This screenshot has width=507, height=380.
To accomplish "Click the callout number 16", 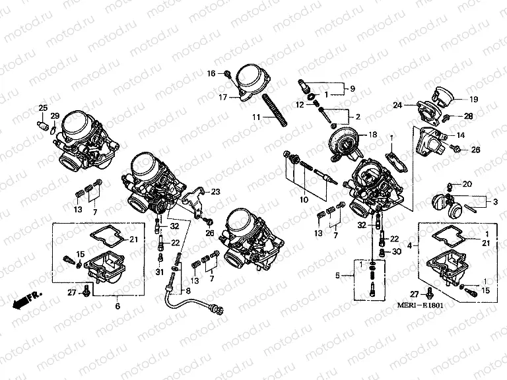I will coord(212,73).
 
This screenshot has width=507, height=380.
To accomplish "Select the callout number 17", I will coord(223,97).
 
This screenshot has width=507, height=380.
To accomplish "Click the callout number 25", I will coord(42,108).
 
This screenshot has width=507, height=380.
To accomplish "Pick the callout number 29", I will coord(55,116).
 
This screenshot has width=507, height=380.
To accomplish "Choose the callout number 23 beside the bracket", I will coord(215,193).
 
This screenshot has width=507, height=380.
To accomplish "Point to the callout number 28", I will coord(469,116).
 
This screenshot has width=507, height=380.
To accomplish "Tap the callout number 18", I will coord(373,135).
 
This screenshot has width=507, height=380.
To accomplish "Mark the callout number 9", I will coord(353,88).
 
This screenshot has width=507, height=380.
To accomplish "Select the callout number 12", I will coord(299,105).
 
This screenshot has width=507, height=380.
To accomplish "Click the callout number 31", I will coord(159,273).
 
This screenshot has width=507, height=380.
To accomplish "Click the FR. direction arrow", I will coord(26,298).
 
